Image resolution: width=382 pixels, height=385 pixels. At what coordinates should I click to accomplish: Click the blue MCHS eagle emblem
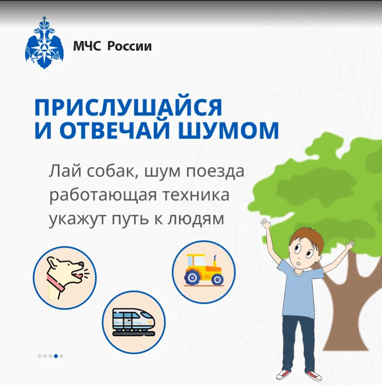pos(44,43)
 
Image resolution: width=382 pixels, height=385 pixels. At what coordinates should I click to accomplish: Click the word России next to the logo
pos(130,46)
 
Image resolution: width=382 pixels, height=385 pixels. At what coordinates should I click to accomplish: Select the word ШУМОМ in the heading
pos(228,130)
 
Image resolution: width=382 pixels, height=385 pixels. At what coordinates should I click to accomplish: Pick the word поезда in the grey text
pos(215,172)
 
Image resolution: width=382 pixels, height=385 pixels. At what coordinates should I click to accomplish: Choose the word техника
pos(196,195)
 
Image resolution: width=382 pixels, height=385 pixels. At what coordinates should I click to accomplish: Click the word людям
pos(196,219)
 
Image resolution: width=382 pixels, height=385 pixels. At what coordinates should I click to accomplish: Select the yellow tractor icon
pos(204,270)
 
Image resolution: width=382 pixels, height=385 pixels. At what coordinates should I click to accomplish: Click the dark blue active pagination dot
pos(56,356)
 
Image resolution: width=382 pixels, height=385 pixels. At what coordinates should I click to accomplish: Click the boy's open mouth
pos(298,263)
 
